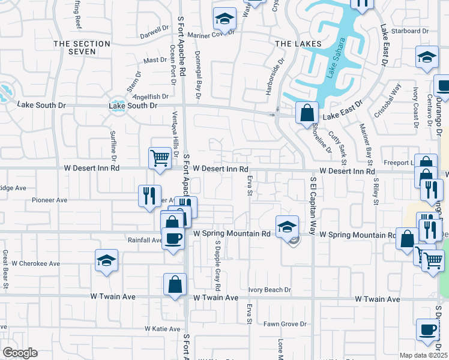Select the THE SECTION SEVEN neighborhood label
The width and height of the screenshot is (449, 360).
coord(82,48)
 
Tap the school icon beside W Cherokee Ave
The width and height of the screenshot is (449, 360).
coord(106,260)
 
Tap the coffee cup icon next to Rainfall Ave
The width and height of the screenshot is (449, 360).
coord(174,239)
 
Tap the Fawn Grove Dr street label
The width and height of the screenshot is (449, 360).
coord(286,325)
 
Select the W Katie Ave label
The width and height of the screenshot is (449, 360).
coord(162,329)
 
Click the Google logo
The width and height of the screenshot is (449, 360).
coord(20,353)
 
